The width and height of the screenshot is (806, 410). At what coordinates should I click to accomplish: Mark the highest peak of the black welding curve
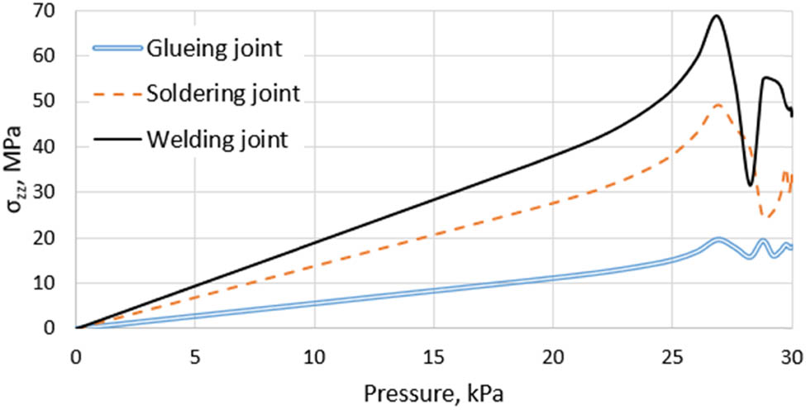tap(717, 16)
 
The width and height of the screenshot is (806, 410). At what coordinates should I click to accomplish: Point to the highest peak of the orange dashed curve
tap(718, 105)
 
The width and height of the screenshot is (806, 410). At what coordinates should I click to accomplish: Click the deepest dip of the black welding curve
tap(750, 184)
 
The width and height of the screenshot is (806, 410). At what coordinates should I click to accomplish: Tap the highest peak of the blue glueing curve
tap(718, 240)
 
